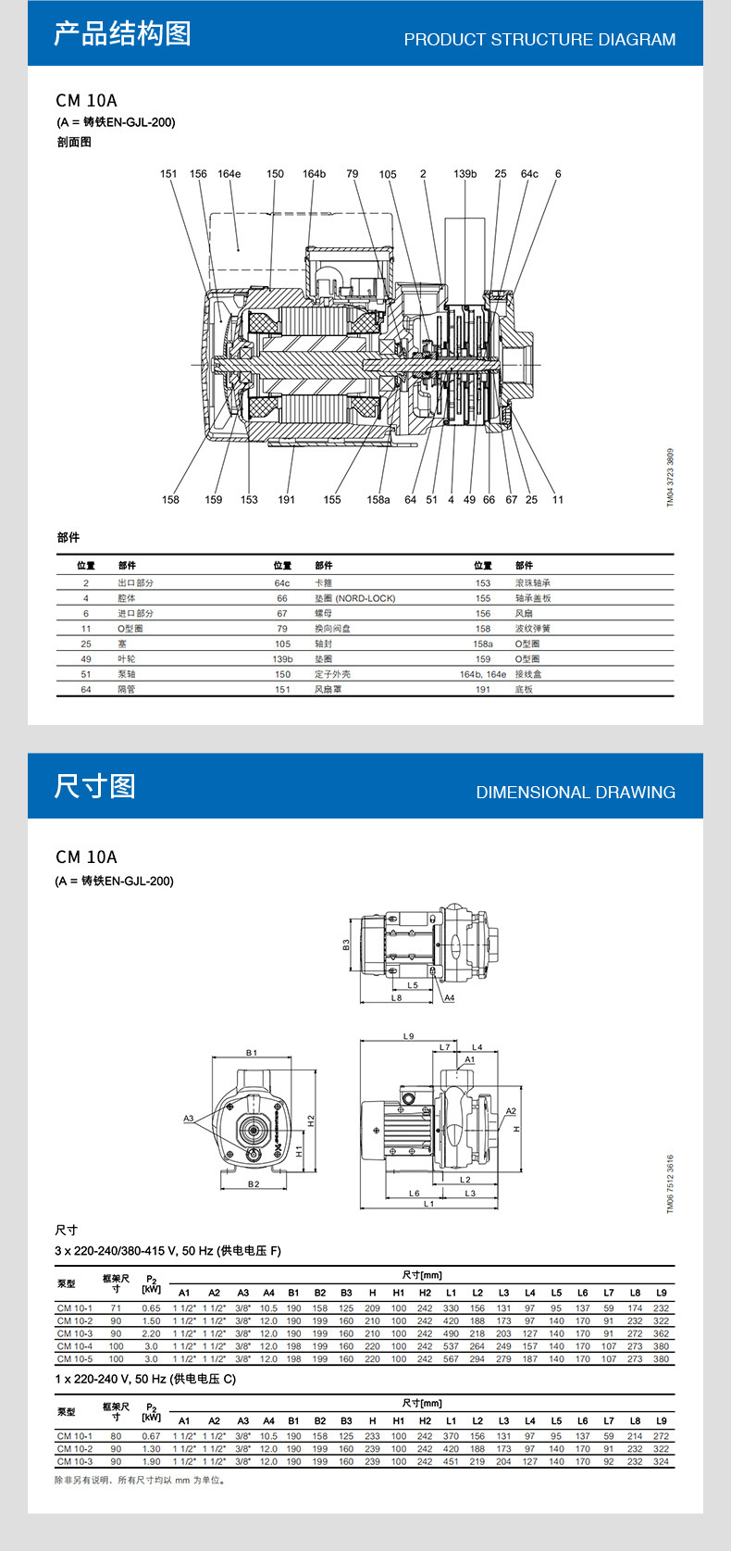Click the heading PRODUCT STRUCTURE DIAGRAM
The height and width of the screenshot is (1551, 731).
(x=539, y=40)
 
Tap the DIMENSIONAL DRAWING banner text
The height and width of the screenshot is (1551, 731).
(x=576, y=793)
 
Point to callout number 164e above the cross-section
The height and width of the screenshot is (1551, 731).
(x=229, y=174)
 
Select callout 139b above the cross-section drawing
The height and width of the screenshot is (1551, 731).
(x=465, y=174)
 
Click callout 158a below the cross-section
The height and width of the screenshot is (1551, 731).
(x=378, y=500)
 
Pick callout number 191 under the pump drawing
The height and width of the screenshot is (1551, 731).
(x=287, y=500)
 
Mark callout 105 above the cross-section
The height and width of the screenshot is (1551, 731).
(x=388, y=174)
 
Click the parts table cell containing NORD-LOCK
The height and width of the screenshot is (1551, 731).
(x=354, y=598)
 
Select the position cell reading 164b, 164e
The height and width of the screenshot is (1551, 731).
(x=483, y=674)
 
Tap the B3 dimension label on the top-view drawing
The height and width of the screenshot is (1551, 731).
(x=346, y=944)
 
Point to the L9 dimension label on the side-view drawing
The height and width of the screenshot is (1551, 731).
(x=408, y=1036)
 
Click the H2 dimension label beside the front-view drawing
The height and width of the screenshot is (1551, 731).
(x=312, y=1120)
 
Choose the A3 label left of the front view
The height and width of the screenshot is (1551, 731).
(x=189, y=1119)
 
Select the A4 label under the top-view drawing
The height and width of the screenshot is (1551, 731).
(x=450, y=998)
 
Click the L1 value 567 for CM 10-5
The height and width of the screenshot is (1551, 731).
(x=451, y=1359)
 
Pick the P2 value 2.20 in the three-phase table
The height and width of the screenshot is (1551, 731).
(x=151, y=1333)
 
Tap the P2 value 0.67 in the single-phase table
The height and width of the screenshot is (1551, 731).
(x=151, y=1436)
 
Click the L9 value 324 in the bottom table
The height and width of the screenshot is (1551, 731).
(x=661, y=1461)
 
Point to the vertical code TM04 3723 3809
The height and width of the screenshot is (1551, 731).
(x=671, y=478)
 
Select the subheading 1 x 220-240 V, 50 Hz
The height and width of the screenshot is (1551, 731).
(x=145, y=1380)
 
